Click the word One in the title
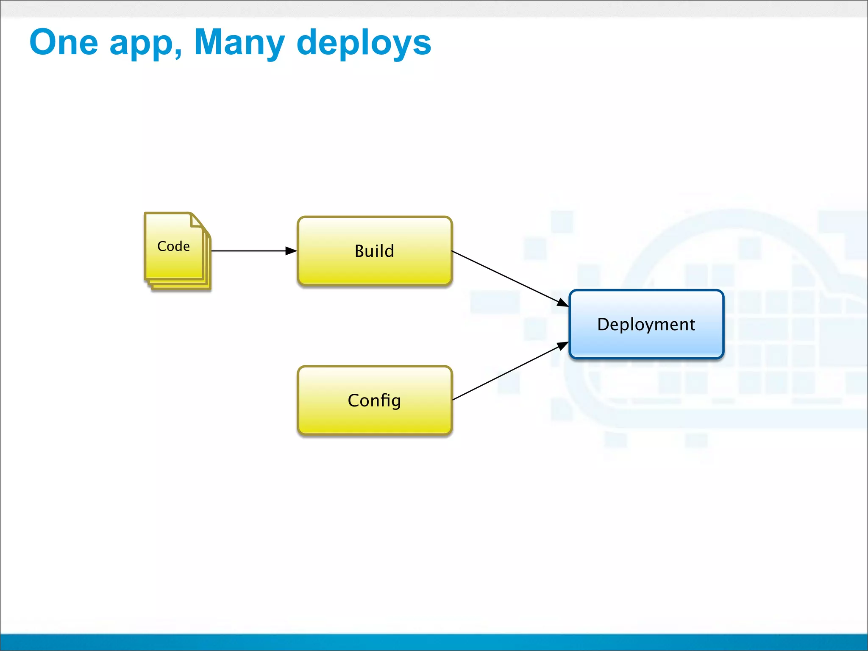click(64, 42)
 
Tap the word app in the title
click(142, 45)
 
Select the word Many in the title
click(239, 43)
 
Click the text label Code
click(173, 246)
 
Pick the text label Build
click(374, 251)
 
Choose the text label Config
click(374, 401)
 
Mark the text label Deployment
click(646, 325)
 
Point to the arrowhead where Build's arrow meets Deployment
click(563, 303)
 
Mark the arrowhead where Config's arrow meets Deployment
click(563, 345)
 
